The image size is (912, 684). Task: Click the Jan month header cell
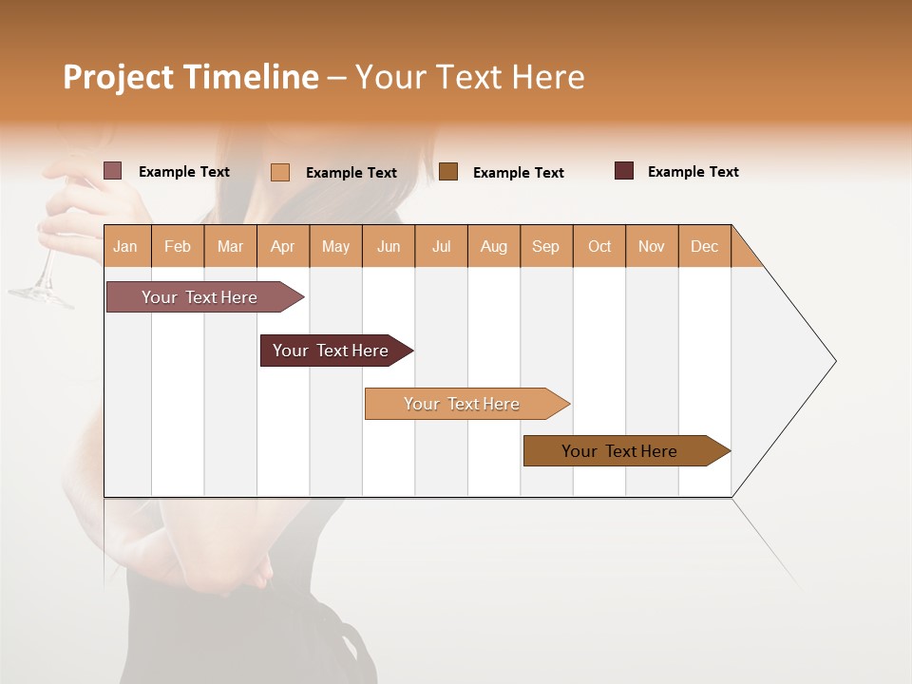point(126,246)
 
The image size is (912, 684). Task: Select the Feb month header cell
point(178,246)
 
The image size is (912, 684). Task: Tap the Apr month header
point(283,246)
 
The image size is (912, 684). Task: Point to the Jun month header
point(389,246)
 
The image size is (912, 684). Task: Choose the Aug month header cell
point(494,246)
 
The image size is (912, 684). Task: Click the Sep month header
point(546,246)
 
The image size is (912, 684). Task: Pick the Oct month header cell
point(599,246)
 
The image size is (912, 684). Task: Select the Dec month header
point(705,246)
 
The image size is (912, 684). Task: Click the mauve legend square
point(113,171)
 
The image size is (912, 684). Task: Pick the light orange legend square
point(280,172)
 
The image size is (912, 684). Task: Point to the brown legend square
point(448,171)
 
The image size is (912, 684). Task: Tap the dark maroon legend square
point(624,171)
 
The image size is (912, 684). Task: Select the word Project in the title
point(119,77)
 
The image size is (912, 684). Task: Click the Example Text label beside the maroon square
point(693,172)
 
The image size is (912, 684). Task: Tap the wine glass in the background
point(43,280)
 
